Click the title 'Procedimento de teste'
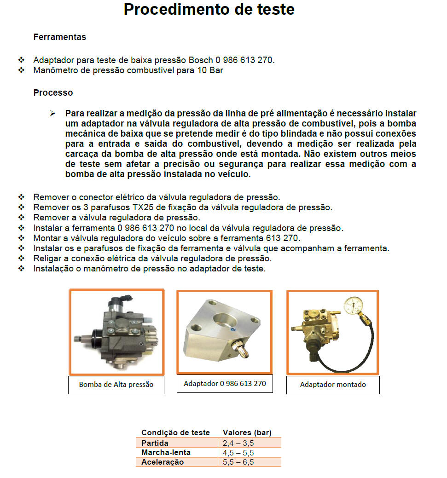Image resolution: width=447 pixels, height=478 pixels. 209,9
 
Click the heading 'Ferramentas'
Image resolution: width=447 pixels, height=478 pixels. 59,37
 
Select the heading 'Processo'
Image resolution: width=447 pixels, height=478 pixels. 53,92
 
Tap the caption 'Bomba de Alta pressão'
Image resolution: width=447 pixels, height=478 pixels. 116,385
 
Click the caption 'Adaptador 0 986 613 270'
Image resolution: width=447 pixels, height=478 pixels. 225,383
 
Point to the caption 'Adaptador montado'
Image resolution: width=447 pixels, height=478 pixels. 333,385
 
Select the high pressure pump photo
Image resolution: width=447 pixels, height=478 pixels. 116,332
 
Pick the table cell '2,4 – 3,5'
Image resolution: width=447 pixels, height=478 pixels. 238,443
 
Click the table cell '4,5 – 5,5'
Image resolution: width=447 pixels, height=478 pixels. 238,453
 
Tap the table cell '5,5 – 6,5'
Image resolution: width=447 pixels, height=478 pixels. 238,462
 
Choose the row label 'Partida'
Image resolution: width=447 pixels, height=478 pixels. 155,443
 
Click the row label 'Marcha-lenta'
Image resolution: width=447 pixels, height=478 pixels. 166,453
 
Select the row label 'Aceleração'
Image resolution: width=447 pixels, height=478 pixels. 163,462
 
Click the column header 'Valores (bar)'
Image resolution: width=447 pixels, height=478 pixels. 247,432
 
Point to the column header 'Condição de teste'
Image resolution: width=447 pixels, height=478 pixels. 175,432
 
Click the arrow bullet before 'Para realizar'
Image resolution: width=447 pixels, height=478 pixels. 52,113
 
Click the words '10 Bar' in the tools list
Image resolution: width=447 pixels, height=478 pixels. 212,70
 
